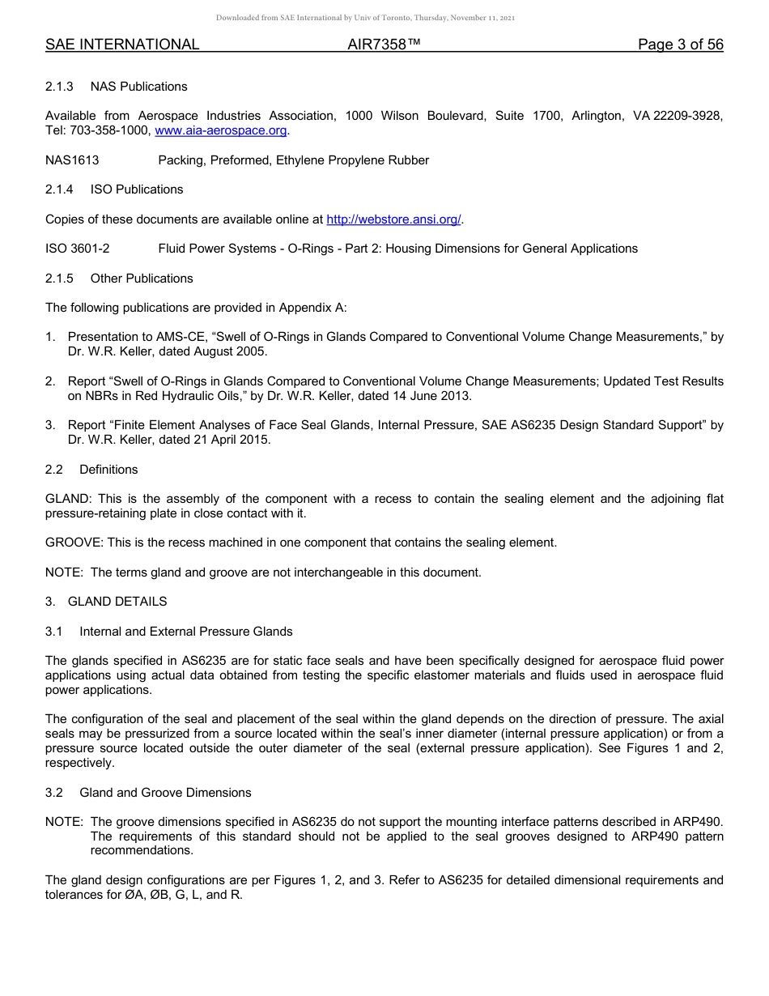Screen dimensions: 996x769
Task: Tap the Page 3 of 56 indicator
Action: (680, 45)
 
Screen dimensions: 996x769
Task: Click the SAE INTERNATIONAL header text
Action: (122, 45)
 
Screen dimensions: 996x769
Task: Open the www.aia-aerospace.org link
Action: (221, 131)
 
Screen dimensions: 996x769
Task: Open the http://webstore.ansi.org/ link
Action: (393, 219)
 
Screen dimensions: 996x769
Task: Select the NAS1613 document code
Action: (72, 160)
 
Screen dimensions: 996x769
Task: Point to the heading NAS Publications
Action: (138, 87)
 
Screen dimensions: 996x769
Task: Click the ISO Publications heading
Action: (137, 189)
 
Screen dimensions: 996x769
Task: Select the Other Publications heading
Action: (142, 279)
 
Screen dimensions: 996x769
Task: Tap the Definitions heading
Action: (108, 470)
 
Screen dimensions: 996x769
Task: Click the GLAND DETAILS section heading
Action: (117, 602)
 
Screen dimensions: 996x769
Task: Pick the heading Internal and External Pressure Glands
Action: (186, 632)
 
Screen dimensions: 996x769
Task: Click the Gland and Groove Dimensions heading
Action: (165, 793)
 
